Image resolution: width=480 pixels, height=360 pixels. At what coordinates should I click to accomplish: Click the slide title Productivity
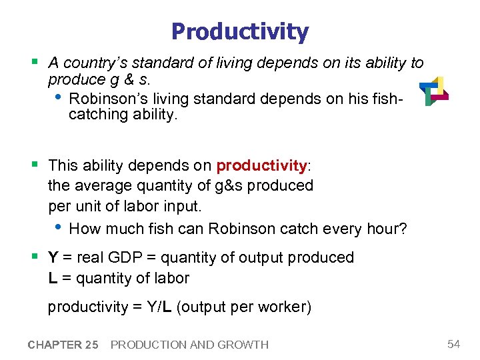240,31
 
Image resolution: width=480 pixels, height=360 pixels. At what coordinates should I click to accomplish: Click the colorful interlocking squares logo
434,91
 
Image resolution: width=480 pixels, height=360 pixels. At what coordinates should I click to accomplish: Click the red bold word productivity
261,165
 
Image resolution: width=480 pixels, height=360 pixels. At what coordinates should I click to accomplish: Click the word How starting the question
85,229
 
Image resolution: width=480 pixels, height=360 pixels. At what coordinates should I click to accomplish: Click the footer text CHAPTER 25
63,345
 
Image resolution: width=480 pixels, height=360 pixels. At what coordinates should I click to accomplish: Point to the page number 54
453,344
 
